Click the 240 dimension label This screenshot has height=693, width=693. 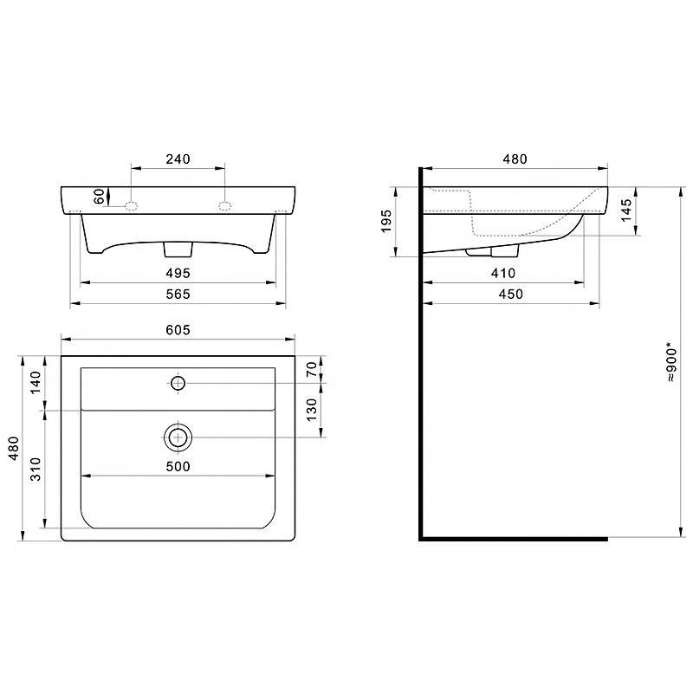(x=178, y=159)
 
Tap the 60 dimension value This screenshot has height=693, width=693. (x=100, y=196)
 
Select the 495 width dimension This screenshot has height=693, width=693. (x=178, y=273)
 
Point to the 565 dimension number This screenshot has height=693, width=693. (x=178, y=294)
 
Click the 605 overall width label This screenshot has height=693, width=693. (x=178, y=330)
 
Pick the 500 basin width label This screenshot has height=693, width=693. (x=178, y=466)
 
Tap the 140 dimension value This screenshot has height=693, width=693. (x=36, y=382)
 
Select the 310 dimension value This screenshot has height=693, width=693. (x=36, y=469)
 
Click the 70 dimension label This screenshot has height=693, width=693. (x=312, y=369)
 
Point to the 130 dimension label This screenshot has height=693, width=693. (x=312, y=410)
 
